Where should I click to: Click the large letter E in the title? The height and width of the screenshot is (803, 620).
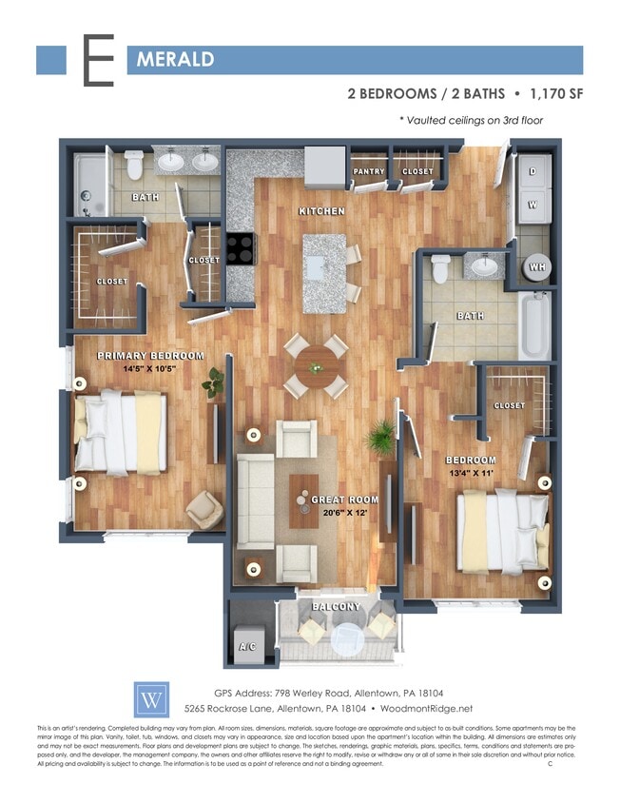(98, 61)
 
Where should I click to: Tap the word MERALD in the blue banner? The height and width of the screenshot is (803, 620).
(175, 60)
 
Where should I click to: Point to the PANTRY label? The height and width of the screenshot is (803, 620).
(368, 172)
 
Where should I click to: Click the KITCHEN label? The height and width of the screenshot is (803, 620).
(321, 210)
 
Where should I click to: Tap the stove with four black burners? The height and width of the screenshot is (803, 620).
(241, 249)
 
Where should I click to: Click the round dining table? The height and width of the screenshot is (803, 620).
(315, 362)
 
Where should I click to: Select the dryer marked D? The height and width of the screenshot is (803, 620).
(532, 171)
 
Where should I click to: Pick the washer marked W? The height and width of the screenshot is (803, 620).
(532, 204)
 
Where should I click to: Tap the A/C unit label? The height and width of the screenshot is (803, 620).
(248, 647)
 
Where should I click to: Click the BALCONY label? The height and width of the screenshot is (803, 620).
(336, 606)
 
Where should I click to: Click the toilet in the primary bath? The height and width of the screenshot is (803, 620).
(132, 165)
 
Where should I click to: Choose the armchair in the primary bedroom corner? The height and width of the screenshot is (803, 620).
(203, 509)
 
